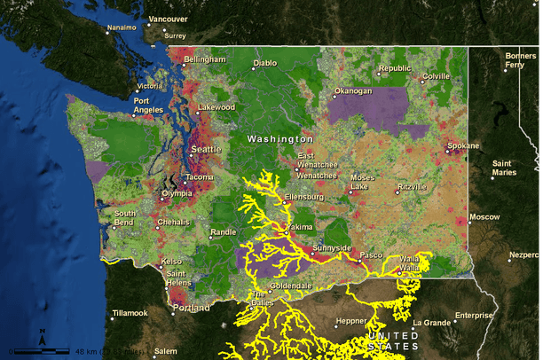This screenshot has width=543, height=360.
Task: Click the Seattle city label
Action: click(206, 148)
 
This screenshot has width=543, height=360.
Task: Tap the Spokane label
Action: click(462, 145)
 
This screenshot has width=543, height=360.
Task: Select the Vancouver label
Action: click(168, 19)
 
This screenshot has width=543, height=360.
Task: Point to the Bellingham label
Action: click(205, 59)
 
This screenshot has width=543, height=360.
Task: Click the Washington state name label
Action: click(279, 139)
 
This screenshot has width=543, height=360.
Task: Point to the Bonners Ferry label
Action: click(520, 61)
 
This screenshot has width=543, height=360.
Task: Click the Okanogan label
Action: click(352, 91)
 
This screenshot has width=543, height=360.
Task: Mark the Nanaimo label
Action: click(122, 27)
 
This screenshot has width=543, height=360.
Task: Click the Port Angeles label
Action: click(148, 105)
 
